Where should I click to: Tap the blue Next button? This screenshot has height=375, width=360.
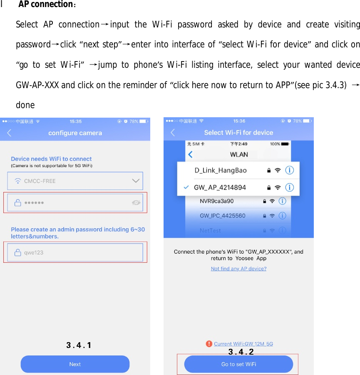click(x=75, y=364)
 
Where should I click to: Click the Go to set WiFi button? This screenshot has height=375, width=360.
click(x=238, y=364)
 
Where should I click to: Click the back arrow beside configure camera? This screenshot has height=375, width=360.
click(x=9, y=133)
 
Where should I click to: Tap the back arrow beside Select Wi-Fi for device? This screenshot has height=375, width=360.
click(x=173, y=133)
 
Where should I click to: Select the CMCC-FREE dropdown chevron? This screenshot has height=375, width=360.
click(x=136, y=181)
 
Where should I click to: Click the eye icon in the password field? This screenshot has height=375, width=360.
click(x=136, y=202)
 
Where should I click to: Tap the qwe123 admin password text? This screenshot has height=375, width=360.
click(x=34, y=252)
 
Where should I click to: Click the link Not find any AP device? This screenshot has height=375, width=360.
click(x=238, y=269)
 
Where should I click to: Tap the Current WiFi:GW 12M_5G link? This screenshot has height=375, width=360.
click(x=243, y=344)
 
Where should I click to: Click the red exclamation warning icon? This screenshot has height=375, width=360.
click(x=209, y=344)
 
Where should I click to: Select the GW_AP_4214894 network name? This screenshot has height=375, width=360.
click(x=220, y=187)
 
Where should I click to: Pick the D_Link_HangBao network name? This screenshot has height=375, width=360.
click(x=221, y=170)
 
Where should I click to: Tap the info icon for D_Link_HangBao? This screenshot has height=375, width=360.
click(x=290, y=170)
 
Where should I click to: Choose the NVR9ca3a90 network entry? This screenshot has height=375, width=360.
click(x=216, y=201)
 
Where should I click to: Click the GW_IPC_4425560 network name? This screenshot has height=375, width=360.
click(x=222, y=216)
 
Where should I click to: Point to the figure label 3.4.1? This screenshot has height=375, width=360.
click(x=79, y=345)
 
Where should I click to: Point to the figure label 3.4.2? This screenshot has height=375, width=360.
click(x=241, y=352)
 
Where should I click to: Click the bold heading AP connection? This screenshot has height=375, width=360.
click(x=46, y=5)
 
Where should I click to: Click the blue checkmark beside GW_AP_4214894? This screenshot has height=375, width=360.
click(x=186, y=187)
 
